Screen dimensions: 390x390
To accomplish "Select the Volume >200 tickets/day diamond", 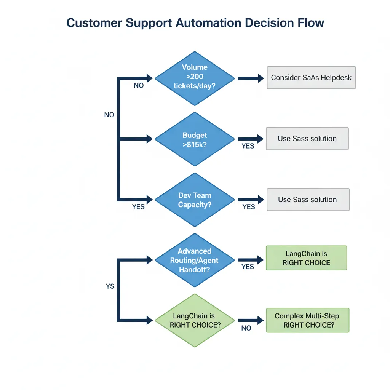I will point(195,78).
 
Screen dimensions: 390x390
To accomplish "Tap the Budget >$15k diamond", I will point(195,139).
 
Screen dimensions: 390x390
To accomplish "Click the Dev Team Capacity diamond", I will point(195,200).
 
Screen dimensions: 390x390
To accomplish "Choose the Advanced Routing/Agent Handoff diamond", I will point(195,260).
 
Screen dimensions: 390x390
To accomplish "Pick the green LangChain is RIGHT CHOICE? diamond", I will point(195,320).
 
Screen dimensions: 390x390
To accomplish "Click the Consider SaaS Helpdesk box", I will point(311,78).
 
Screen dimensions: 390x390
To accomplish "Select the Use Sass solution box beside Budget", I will point(307,139).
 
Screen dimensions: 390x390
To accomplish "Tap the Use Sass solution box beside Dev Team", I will point(308,200).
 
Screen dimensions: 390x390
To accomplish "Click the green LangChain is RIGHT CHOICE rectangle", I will point(306,258).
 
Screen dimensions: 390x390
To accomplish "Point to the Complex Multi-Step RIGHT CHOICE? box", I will point(307,320).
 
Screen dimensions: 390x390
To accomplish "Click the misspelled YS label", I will point(110,286).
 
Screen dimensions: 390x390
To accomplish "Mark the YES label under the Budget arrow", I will point(248,146).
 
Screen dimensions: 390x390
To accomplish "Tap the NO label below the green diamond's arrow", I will point(246,328).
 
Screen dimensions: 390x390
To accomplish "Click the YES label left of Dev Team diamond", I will point(139,207).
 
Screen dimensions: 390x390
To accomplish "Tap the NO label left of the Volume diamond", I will point(139,86).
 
